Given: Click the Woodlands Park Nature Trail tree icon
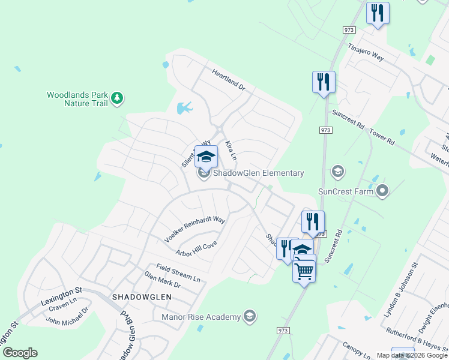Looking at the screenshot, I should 118,97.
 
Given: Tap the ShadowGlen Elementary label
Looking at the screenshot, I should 259,173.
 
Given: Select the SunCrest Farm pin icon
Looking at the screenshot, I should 383,191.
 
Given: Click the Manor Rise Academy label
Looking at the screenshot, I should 202,316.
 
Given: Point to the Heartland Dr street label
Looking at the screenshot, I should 229,79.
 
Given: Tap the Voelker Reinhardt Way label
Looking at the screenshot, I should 194,230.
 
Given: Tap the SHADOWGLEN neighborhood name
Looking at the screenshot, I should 142,297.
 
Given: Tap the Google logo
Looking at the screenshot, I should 20,353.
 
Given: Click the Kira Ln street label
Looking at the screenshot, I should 231,151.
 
